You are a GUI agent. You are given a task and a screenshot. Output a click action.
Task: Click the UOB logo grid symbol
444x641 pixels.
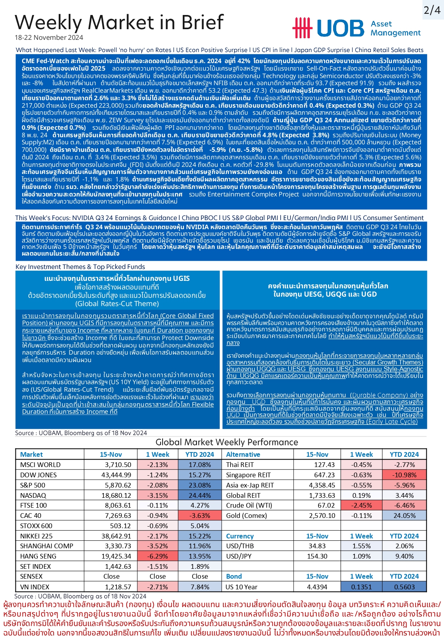pyautogui.click(x=302, y=28)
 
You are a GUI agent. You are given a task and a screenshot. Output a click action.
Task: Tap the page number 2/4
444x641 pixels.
pyautogui.click(x=432, y=10)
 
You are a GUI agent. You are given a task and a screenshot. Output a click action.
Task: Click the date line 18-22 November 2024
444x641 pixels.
pyautogui.click(x=49, y=38)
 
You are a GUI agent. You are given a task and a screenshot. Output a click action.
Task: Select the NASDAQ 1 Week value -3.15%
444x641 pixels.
pyautogui.click(x=157, y=495)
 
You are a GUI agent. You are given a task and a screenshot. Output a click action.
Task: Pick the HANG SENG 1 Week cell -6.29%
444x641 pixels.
pyautogui.click(x=157, y=556)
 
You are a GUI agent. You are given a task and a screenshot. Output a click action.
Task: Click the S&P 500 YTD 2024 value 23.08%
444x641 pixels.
pyautogui.click(x=200, y=485)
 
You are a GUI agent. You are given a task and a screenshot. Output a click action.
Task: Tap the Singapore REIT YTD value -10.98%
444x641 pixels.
pyautogui.click(x=404, y=475)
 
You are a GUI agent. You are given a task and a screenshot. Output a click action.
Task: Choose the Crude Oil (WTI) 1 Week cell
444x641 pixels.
pyautogui.click(x=362, y=505)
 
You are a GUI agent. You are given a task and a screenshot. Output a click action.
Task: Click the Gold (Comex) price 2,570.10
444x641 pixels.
pyautogui.click(x=322, y=516)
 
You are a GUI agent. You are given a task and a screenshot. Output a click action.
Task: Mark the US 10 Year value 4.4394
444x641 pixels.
pyautogui.click(x=317, y=587)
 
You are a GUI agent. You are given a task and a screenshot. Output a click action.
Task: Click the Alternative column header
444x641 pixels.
pyautogui.click(x=243, y=454)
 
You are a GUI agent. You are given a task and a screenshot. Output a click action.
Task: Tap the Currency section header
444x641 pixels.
pyautogui.click(x=240, y=536)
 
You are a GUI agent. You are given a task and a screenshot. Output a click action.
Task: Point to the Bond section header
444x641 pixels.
pyautogui.click(x=234, y=576)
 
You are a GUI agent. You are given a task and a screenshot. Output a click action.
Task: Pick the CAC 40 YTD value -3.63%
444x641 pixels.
pyautogui.click(x=200, y=516)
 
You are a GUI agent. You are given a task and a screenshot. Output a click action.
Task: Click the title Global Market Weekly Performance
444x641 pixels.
pyautogui.click(x=227, y=442)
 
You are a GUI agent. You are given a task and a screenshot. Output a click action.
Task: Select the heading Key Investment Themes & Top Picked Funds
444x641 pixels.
pyautogui.click(x=80, y=267)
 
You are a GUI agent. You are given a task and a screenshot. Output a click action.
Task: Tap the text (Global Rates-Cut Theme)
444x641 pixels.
pyautogui.click(x=117, y=304)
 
